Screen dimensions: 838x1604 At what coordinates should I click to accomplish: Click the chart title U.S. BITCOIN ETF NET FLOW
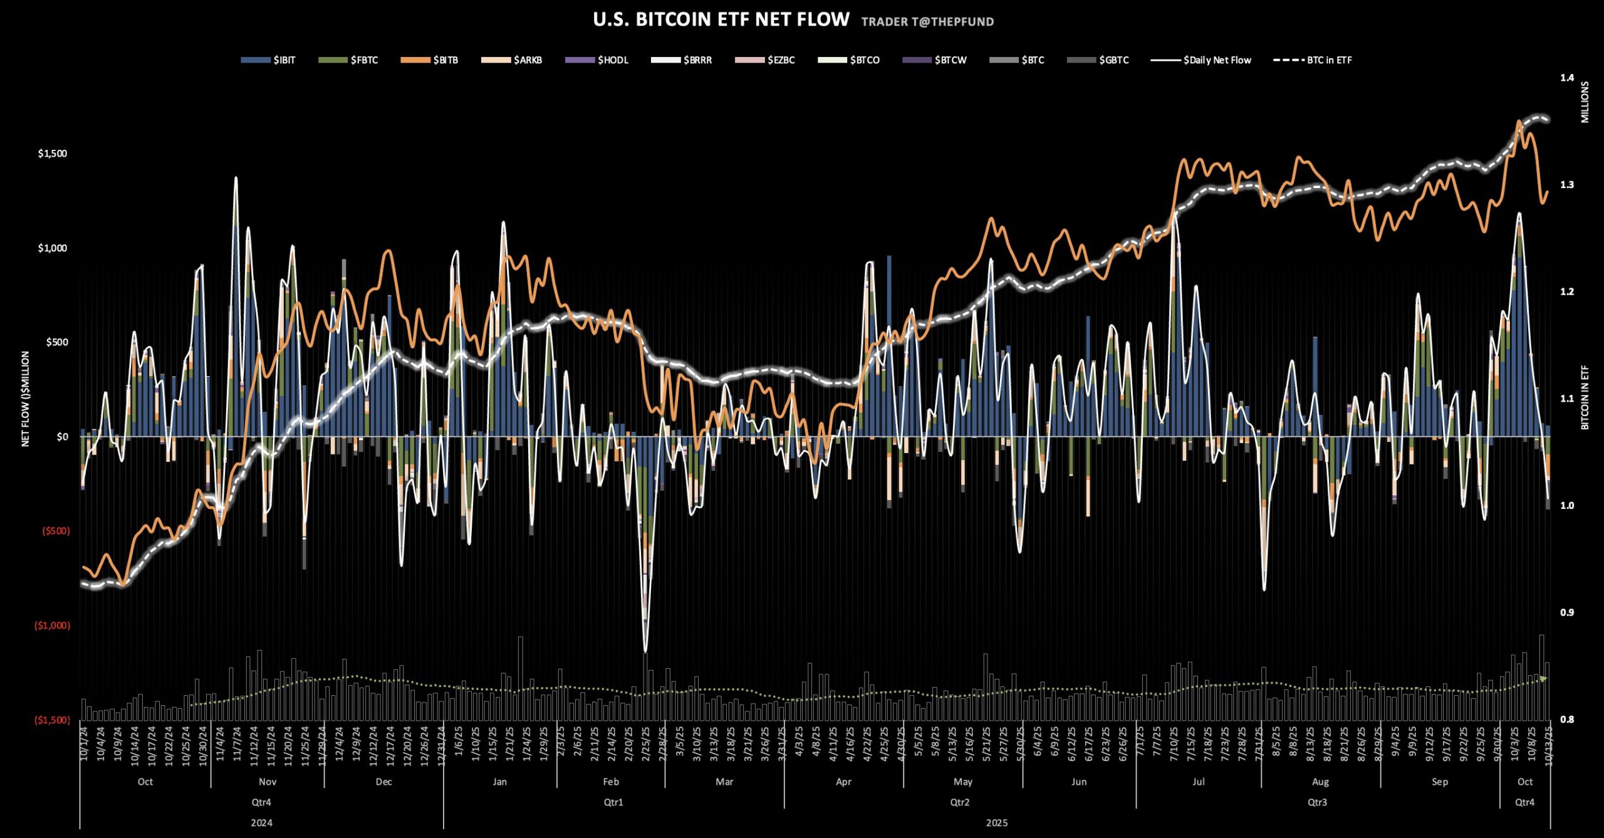pyautogui.click(x=721, y=19)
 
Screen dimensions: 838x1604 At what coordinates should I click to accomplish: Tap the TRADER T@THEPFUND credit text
pyautogui.click(x=927, y=22)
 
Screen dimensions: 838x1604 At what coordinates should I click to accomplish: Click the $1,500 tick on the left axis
pyautogui.click(x=53, y=154)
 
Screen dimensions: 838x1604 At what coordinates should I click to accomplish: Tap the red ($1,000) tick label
pyautogui.click(x=53, y=626)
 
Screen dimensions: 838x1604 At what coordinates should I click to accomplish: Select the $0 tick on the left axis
pyautogui.click(x=62, y=436)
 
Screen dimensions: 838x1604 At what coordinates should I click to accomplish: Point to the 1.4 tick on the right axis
pyautogui.click(x=1567, y=78)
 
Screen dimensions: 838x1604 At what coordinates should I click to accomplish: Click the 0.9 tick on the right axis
pyautogui.click(x=1567, y=612)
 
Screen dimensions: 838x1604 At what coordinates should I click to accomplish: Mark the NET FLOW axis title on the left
pyautogui.click(x=26, y=399)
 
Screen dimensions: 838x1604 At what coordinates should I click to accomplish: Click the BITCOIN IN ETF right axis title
pyautogui.click(x=1585, y=397)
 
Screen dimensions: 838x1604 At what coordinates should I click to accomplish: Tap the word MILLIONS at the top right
pyautogui.click(x=1585, y=102)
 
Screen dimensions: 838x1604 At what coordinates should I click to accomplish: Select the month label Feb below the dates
pyautogui.click(x=611, y=782)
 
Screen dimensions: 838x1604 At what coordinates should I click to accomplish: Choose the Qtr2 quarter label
pyautogui.click(x=959, y=802)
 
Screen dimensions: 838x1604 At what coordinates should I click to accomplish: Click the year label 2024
pyautogui.click(x=261, y=823)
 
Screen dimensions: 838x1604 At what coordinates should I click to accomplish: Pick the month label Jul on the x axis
pyautogui.click(x=1198, y=782)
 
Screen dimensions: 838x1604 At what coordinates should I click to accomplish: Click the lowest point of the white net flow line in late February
pyautogui.click(x=645, y=651)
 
